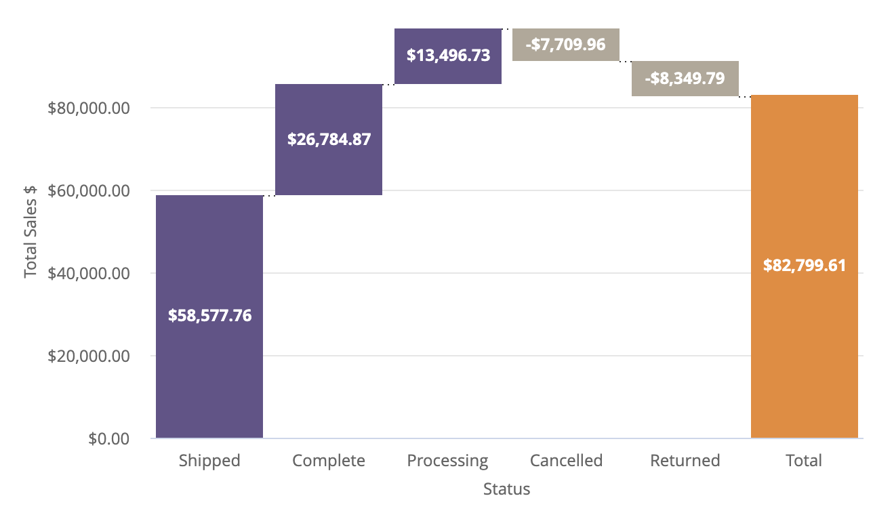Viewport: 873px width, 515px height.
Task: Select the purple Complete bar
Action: tap(329, 169)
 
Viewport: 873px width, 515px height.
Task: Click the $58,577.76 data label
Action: tap(209, 315)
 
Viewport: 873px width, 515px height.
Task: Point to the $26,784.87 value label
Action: tap(329, 140)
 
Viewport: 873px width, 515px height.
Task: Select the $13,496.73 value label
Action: tap(448, 56)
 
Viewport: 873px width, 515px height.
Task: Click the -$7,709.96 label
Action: tap(565, 45)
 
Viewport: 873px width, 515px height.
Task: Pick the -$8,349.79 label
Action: tap(685, 79)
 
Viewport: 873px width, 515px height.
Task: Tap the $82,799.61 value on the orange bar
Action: tap(805, 266)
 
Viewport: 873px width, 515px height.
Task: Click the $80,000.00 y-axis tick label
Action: tap(89, 108)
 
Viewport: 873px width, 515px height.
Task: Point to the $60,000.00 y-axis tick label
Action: tap(89, 191)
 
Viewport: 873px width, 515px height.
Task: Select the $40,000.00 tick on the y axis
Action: tap(89, 274)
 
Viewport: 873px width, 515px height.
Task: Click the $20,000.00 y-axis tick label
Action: tap(89, 356)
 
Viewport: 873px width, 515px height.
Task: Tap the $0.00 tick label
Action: tap(109, 439)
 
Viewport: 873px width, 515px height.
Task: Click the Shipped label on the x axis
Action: tap(209, 461)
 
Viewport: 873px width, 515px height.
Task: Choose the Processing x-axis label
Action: tap(447, 461)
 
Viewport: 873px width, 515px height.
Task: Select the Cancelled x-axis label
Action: tap(566, 461)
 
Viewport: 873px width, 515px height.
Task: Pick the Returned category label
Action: tap(685, 461)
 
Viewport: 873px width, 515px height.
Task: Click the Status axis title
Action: tap(506, 489)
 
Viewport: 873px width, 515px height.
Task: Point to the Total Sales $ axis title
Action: tap(31, 231)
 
